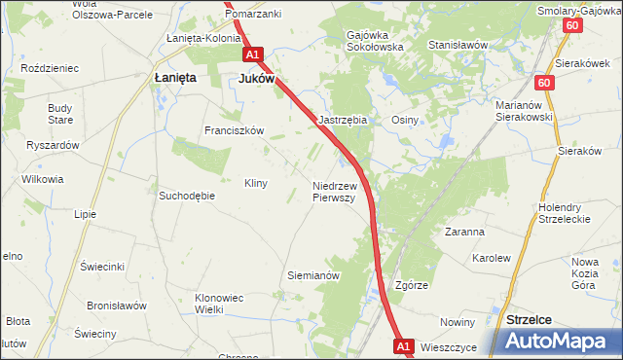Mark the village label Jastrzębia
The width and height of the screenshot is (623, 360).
click(x=343, y=120)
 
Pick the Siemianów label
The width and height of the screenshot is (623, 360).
click(x=312, y=275)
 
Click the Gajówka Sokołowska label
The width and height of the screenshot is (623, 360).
click(x=374, y=41)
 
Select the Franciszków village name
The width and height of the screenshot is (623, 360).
click(x=234, y=129)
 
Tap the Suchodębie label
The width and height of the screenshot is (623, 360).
click(x=186, y=195)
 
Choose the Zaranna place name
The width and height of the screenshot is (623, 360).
click(x=464, y=233)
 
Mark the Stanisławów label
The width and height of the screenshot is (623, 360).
click(x=458, y=45)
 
